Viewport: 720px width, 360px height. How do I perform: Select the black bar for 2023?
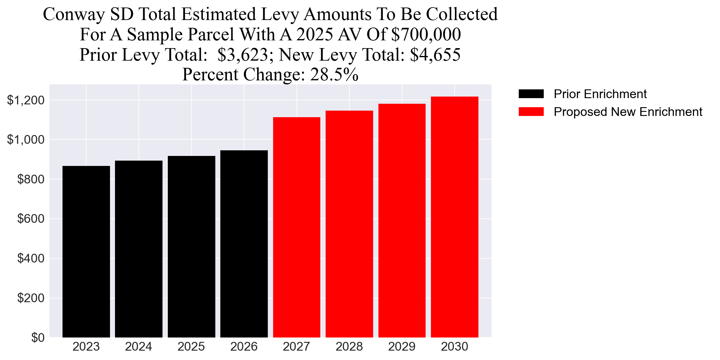coord(86,252)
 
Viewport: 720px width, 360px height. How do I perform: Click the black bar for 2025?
coord(191,247)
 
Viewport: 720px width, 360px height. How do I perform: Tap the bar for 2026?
coord(244,244)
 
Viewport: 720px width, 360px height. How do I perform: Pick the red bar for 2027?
coord(297,227)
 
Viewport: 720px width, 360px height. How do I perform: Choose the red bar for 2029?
coord(402,220)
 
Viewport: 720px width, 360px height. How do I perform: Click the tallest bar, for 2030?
coord(454,217)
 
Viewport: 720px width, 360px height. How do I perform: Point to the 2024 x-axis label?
coord(138,347)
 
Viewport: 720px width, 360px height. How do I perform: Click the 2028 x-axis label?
coord(349,347)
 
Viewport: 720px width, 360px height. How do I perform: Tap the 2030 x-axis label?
coord(454,347)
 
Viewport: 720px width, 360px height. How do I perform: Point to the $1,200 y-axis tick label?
coord(26,100)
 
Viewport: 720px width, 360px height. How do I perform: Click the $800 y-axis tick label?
coord(31,179)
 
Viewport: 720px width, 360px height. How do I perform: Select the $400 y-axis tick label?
coord(31,258)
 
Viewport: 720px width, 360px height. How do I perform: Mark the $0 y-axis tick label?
coord(38,338)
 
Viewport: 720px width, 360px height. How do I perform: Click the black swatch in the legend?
coord(531,94)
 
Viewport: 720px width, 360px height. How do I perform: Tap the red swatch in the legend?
coord(531,112)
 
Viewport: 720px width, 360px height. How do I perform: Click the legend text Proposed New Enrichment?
coord(628,112)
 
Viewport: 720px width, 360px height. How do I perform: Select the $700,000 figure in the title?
coord(426,34)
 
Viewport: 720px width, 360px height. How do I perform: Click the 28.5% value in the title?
coord(334,75)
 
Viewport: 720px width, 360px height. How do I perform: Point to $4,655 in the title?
coord(435,55)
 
